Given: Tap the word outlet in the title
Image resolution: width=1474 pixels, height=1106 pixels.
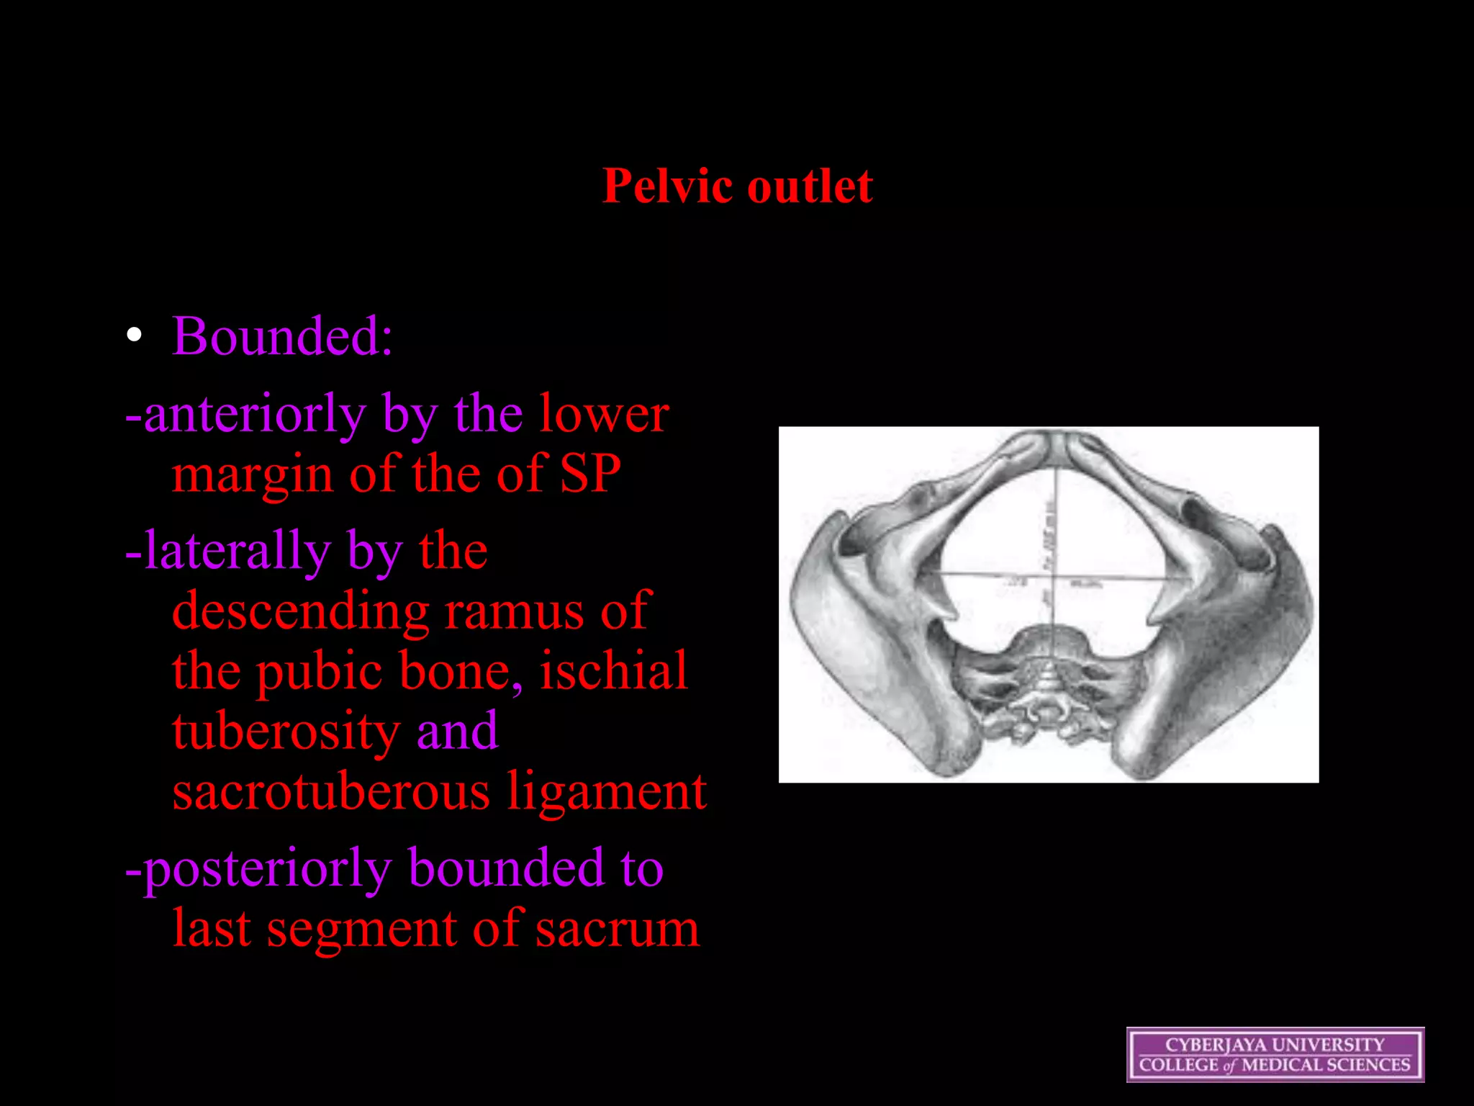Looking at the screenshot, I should pyautogui.click(x=810, y=186).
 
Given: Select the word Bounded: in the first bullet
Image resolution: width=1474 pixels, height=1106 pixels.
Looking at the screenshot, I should pyautogui.click(x=282, y=336).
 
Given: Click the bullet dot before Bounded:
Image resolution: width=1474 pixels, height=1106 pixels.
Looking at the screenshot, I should pyautogui.click(x=134, y=336).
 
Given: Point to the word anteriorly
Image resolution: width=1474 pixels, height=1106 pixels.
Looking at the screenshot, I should pyautogui.click(x=253, y=415).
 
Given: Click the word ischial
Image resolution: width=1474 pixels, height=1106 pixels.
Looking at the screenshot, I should pyautogui.click(x=614, y=671).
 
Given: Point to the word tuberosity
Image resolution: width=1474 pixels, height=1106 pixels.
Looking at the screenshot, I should pyautogui.click(x=286, y=732).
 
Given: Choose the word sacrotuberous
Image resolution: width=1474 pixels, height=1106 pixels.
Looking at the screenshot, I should pyautogui.click(x=331, y=791).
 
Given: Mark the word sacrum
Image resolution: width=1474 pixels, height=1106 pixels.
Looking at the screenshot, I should pyautogui.click(x=617, y=930).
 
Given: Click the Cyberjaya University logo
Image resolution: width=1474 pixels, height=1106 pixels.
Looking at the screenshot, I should pyautogui.click(x=1275, y=1055).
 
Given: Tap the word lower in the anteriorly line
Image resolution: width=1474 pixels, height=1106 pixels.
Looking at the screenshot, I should pyautogui.click(x=605, y=414).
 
